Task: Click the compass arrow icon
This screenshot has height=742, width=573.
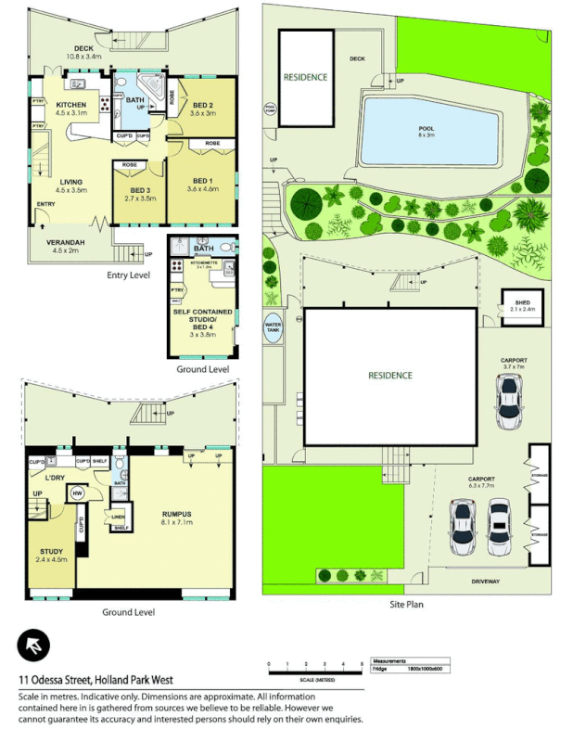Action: pos(32,646)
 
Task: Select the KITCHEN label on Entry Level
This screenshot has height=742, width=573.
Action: pos(71,105)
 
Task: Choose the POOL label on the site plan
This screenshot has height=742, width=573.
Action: pos(426,127)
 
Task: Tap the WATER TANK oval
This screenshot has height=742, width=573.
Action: pos(273,329)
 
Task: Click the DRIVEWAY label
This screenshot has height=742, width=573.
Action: pos(485,582)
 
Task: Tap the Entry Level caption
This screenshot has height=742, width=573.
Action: pos(129,275)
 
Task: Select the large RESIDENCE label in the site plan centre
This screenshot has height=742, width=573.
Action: pos(390,376)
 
